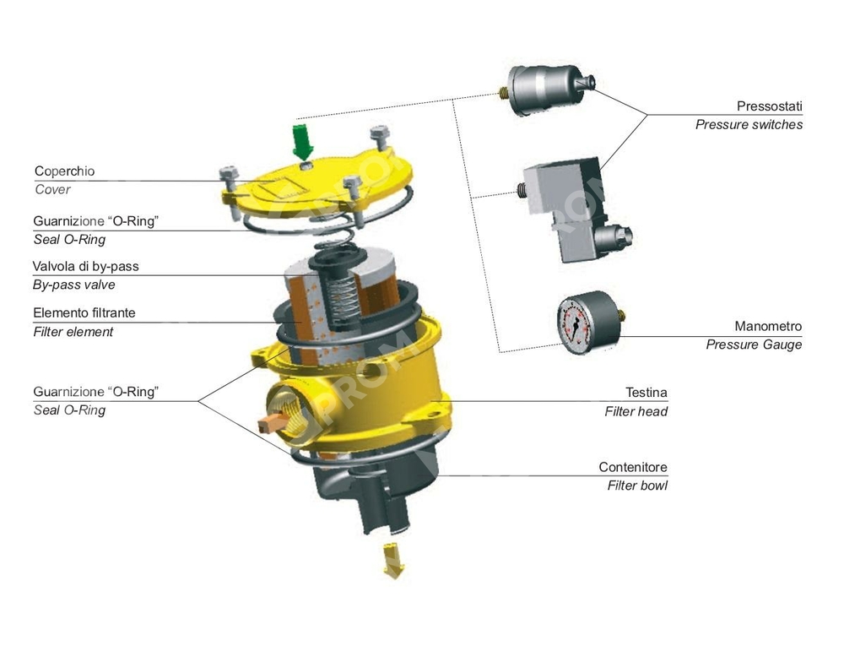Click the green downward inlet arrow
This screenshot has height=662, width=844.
pyautogui.click(x=302, y=141)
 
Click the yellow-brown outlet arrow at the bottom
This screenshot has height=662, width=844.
pyautogui.click(x=393, y=561)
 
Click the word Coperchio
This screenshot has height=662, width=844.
pyautogui.click(x=65, y=171)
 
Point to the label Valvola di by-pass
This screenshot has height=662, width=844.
pyautogui.click(x=85, y=266)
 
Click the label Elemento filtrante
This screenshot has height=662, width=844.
pyautogui.click(x=84, y=313)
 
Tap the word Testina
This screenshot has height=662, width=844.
pyautogui.click(x=646, y=393)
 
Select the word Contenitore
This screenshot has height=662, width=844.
pyautogui.click(x=633, y=467)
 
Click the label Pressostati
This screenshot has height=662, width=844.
pyautogui.click(x=769, y=106)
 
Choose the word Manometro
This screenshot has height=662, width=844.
pyautogui.click(x=768, y=326)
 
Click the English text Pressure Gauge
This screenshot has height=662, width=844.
pyautogui.click(x=754, y=345)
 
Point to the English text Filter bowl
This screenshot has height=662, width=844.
pyautogui.click(x=637, y=486)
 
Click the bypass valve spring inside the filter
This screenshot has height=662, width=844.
pyautogui.click(x=344, y=299)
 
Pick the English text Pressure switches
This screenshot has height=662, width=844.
pyautogui.click(x=749, y=125)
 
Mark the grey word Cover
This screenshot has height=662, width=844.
pyautogui.click(x=52, y=190)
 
